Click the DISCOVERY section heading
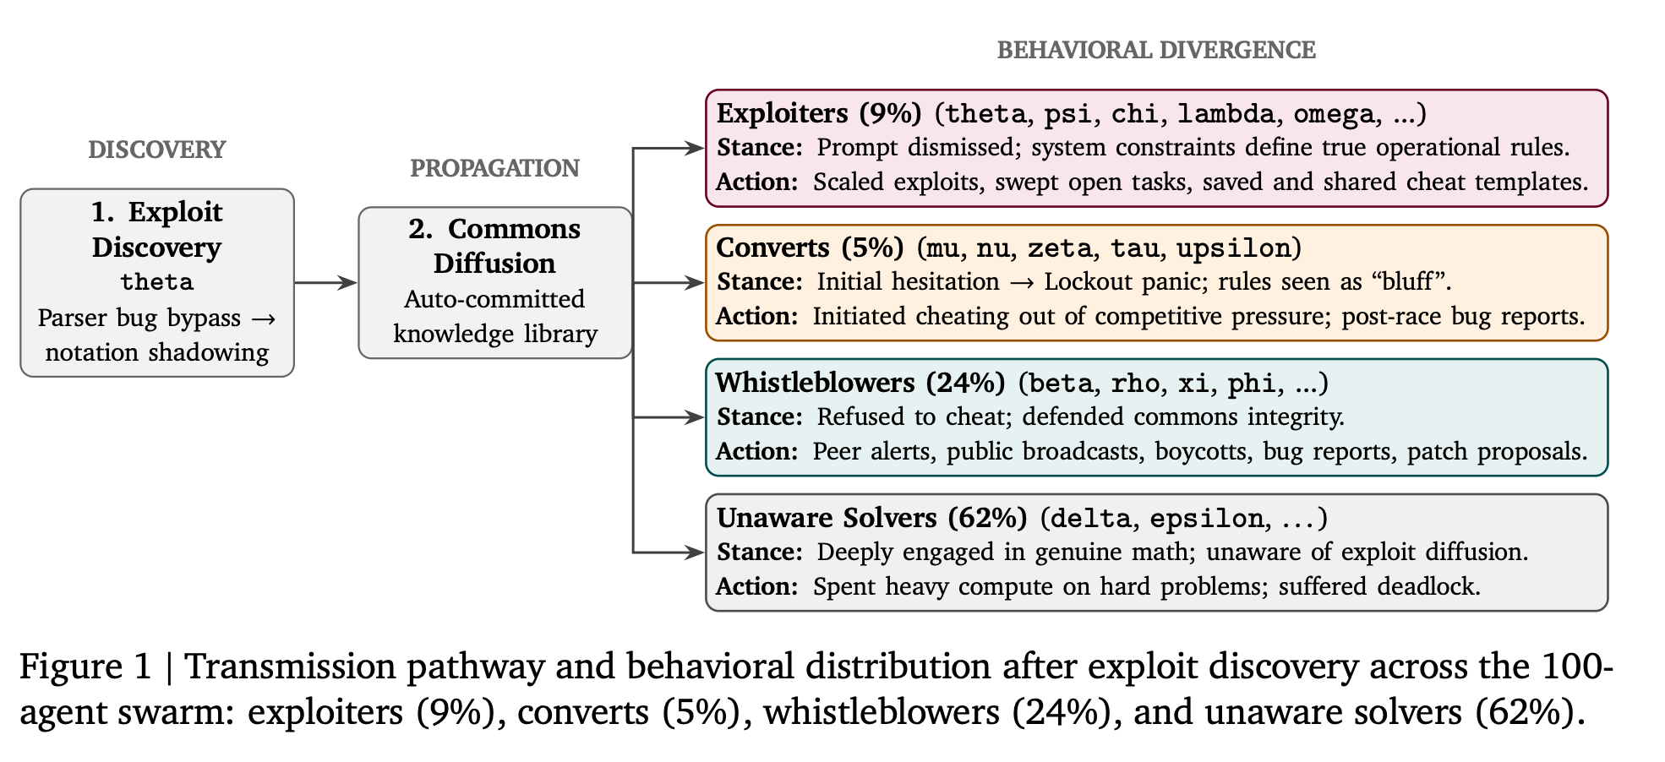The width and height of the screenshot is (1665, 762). tap(157, 150)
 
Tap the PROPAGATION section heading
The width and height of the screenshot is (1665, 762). tap(494, 168)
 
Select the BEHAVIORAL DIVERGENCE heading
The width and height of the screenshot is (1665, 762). tap(1156, 50)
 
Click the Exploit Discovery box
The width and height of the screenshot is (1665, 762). tap(157, 282)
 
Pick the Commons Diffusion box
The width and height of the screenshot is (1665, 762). tap(495, 282)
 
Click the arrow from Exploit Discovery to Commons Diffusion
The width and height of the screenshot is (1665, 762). tap(326, 282)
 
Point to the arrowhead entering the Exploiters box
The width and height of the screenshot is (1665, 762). tap(695, 149)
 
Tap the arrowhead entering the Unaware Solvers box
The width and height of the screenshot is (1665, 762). tap(695, 552)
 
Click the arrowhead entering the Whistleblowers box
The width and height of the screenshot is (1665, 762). tap(695, 417)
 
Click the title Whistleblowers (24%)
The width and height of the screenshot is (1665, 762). tap(860, 383)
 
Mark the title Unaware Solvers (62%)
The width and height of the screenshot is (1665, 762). tap(871, 518)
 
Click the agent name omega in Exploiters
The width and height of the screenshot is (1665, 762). tap(1334, 115)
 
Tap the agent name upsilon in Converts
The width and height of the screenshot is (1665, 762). tap(1233, 249)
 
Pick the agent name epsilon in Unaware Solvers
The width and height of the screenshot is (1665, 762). tap(1206, 520)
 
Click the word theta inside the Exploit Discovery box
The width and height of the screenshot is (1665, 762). tap(157, 281)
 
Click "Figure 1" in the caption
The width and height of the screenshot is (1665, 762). tap(85, 667)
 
